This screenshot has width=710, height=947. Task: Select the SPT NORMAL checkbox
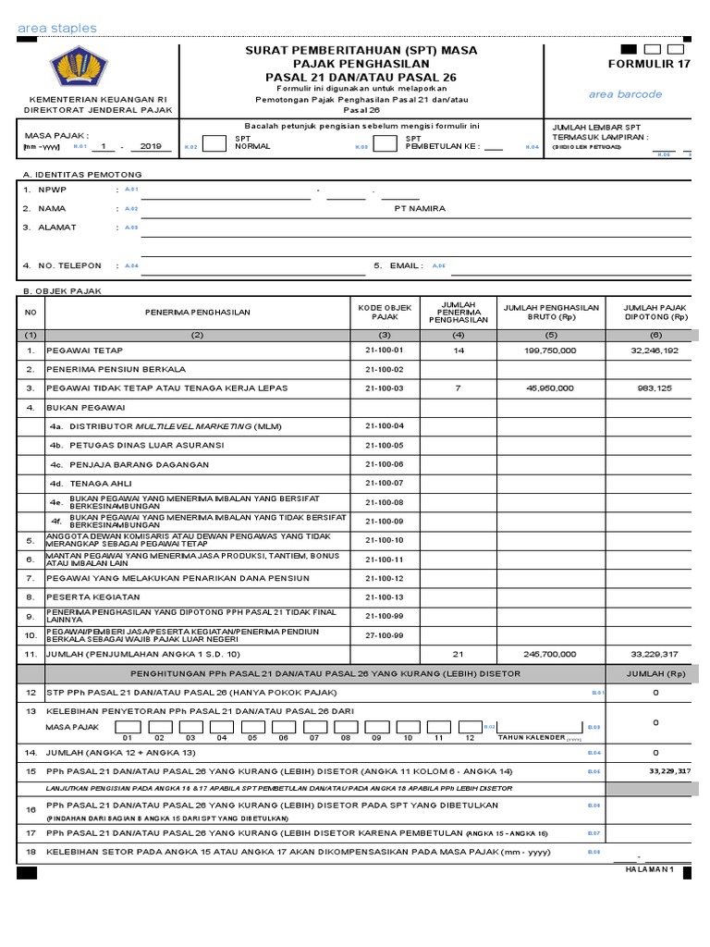[214, 143]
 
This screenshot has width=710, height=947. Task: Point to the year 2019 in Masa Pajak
[151, 146]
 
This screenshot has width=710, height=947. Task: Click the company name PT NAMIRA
[419, 209]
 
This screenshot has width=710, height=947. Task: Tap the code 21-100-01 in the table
[386, 351]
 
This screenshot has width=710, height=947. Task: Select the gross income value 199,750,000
[550, 351]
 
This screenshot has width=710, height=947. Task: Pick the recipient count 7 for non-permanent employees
[458, 387]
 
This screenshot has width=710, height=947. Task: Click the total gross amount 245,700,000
[550, 654]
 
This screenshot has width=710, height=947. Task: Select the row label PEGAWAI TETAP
[84, 351]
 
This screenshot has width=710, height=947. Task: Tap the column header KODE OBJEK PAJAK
[386, 312]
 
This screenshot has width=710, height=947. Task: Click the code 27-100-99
[386, 635]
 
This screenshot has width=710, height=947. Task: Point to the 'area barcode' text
[626, 94]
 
